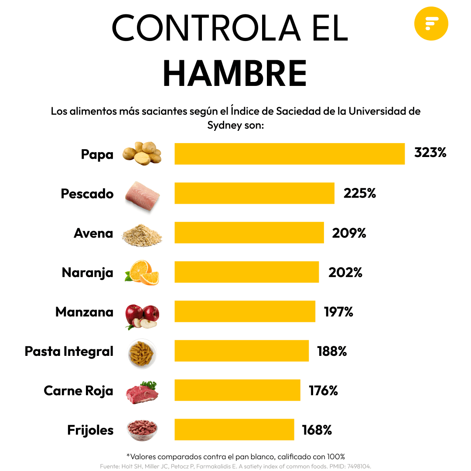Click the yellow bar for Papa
[x=290, y=154]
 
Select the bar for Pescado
[x=254, y=193]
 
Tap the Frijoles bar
[x=234, y=430]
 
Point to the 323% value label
[x=430, y=153]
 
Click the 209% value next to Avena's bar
[x=349, y=233]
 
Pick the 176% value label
[x=323, y=391]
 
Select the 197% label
[x=338, y=312]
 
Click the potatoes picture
[x=142, y=153]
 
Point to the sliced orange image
[x=142, y=273]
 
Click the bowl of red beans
[x=142, y=430]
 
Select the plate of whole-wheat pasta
[x=142, y=354]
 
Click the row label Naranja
[x=87, y=273]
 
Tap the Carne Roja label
[x=78, y=391]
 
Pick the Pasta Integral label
[x=69, y=352]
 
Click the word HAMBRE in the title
[x=235, y=73]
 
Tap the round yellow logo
[x=431, y=23]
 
